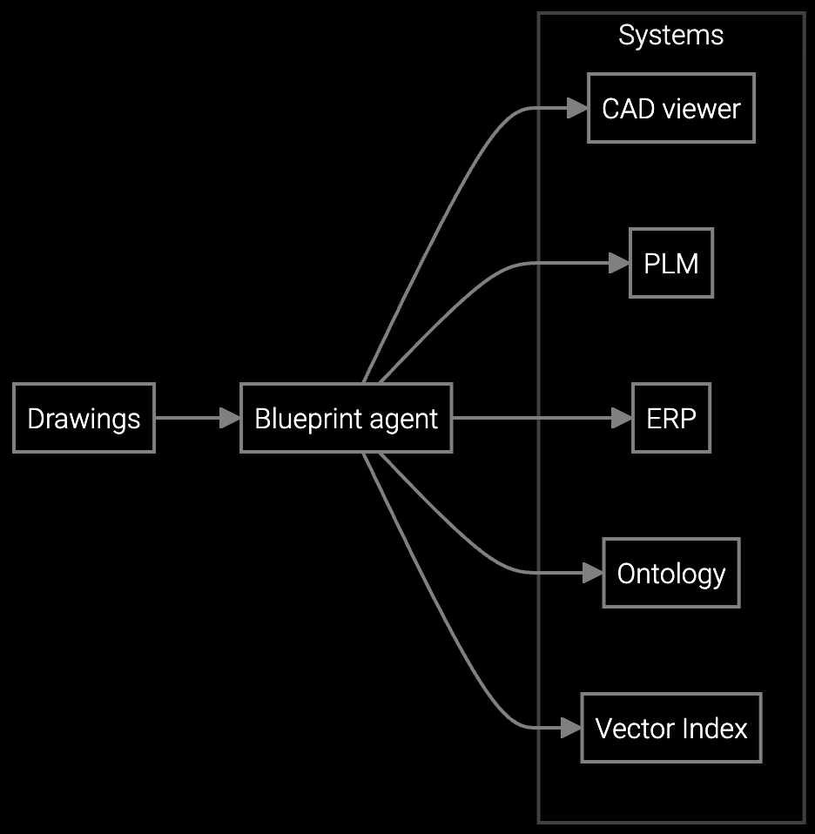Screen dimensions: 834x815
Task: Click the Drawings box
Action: tap(84, 418)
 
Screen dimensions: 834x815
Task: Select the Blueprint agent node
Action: tap(346, 418)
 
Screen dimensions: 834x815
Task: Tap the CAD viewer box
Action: tap(670, 109)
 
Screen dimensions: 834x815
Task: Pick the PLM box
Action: tap(670, 263)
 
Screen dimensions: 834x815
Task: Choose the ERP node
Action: tap(670, 418)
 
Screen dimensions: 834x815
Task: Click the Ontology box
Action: tap(670, 573)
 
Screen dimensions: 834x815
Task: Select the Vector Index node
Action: tap(670, 728)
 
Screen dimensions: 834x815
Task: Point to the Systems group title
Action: tap(670, 36)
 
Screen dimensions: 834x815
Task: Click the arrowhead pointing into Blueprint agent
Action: tap(231, 418)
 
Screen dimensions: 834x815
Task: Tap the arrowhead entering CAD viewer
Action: tap(578, 109)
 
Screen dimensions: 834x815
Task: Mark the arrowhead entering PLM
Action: tap(620, 263)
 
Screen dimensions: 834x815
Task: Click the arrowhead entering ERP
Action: tap(623, 418)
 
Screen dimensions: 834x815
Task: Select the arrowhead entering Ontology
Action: tap(594, 573)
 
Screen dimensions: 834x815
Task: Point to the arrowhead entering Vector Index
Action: tap(571, 728)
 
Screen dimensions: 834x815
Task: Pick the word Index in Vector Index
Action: tap(718, 728)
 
